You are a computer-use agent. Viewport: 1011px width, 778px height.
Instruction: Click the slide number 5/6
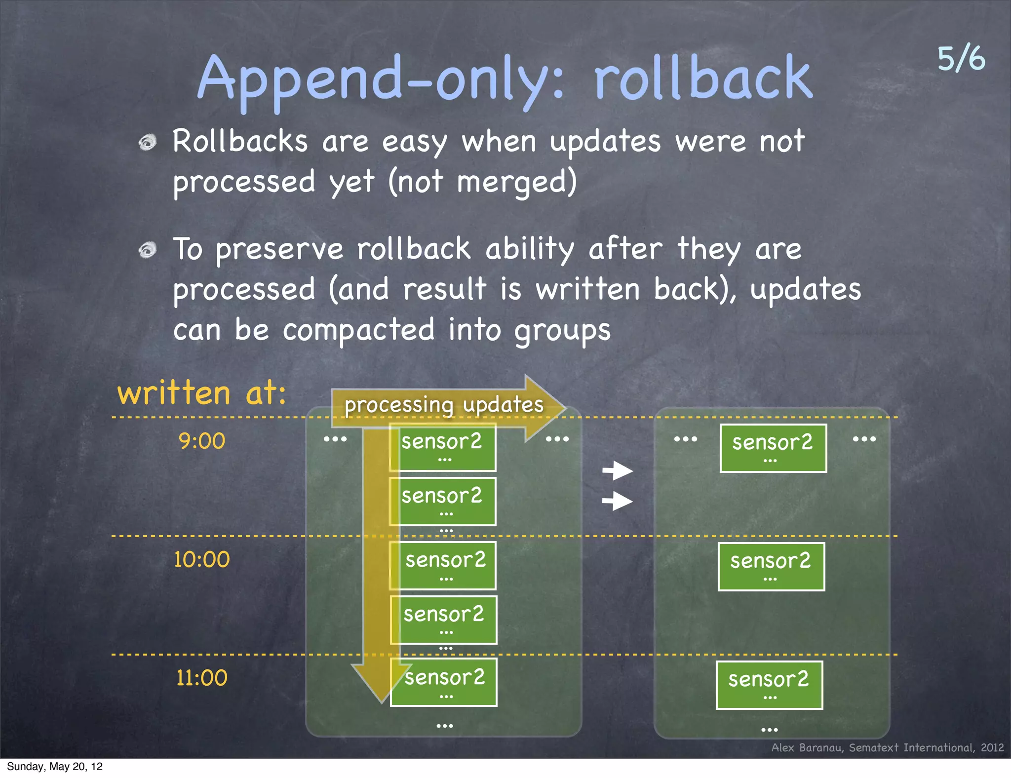(961, 59)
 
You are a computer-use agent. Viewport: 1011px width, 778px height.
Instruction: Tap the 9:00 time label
(201, 441)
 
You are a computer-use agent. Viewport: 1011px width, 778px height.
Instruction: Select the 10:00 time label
(201, 559)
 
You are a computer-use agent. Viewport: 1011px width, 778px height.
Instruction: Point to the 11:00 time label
(201, 678)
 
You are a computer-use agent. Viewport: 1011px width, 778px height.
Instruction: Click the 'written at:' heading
(201, 393)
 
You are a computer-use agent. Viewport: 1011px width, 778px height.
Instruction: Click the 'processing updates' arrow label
(443, 405)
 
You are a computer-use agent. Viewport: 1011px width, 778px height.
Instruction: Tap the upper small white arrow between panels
(618, 470)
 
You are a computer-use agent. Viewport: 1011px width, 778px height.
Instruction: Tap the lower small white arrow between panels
(618, 502)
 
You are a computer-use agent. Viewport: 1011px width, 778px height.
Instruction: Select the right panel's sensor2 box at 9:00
(773, 448)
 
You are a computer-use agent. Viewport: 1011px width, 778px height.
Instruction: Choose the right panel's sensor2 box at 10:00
(771, 566)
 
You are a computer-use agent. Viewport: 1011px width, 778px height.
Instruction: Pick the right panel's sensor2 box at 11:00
(769, 685)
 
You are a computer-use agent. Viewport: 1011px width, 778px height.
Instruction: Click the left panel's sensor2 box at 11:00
(444, 682)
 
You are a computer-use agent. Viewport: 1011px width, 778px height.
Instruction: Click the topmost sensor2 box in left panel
(443, 447)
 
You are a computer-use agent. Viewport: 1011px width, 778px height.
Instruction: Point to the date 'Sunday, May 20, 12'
(55, 766)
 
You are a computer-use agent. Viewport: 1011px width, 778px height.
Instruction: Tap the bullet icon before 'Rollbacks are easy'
(147, 143)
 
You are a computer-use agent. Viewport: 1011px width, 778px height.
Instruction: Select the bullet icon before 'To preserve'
(147, 250)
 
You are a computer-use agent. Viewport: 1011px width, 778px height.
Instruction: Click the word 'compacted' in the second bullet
(358, 330)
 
